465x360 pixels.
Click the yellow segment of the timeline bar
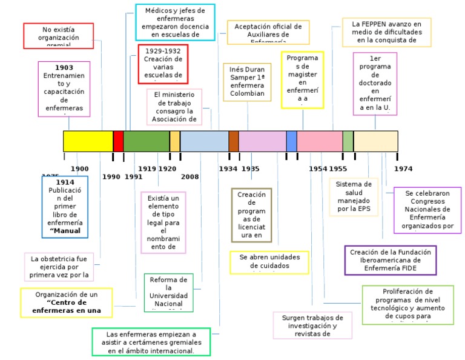tap(88, 141)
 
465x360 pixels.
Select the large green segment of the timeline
tap(146, 141)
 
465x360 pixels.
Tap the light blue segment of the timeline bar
tap(204, 141)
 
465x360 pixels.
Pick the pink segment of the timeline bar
tap(319, 141)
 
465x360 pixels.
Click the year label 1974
tap(403, 169)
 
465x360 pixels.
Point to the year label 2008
tap(190, 177)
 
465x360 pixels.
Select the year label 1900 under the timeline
tap(79, 169)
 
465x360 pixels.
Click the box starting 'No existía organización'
tap(59, 36)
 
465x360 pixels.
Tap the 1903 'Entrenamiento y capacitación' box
tap(64, 88)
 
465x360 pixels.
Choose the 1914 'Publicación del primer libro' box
tap(65, 207)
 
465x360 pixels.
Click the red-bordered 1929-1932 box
tap(163, 64)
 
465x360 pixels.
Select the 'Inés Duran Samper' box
tap(247, 82)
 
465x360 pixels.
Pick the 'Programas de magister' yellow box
tap(303, 79)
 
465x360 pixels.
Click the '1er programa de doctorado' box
tap(375, 83)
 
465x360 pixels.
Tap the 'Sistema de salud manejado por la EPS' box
tap(354, 197)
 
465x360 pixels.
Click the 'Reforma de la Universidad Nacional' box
tap(169, 293)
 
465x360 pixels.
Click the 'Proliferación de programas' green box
tap(407, 304)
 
